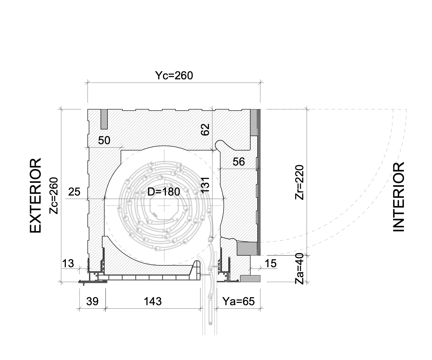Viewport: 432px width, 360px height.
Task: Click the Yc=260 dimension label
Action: (174, 76)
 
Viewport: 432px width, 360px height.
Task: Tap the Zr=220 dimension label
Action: (300, 182)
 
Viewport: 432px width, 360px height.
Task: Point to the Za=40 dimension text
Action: (300, 271)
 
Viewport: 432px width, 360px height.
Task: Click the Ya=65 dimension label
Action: (239, 301)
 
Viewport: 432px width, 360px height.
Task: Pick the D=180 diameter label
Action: (164, 192)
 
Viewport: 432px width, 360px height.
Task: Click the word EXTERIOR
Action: (36, 196)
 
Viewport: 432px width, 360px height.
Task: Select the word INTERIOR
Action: (399, 197)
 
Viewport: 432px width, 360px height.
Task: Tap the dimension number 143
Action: (153, 301)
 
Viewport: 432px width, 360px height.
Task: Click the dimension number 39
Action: (92, 301)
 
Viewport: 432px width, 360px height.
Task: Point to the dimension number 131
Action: (205, 184)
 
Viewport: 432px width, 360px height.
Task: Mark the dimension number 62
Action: (205, 129)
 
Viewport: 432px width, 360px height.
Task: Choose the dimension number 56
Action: (239, 162)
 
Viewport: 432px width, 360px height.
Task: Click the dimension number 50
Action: (104, 140)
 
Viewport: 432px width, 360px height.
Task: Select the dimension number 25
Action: (74, 192)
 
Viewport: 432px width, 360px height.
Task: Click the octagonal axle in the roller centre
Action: (164, 206)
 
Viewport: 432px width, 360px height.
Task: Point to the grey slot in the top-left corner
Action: (104, 119)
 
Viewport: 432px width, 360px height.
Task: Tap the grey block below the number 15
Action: (250, 279)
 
